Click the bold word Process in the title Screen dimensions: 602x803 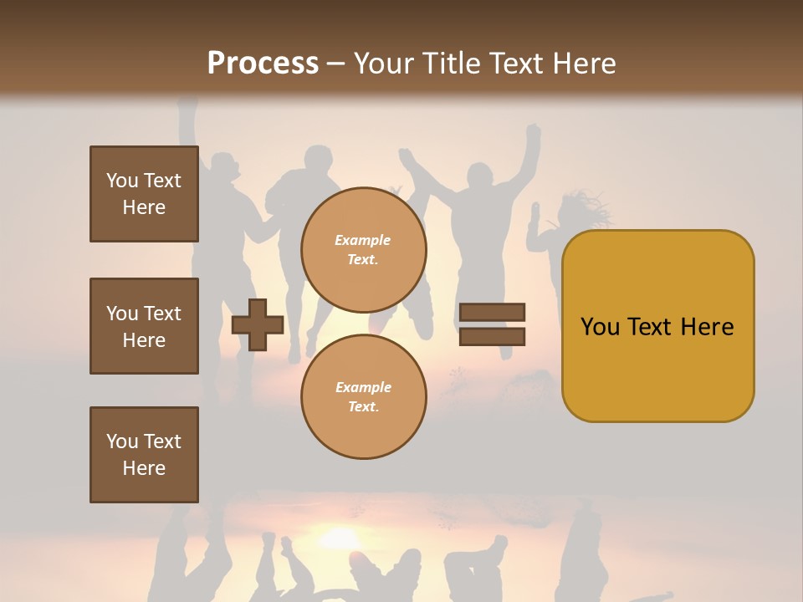pyautogui.click(x=263, y=64)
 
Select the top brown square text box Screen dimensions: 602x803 pyautogui.click(x=144, y=194)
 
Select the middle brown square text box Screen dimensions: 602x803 pyautogui.click(x=144, y=326)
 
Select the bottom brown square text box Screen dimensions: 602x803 pyautogui.click(x=144, y=455)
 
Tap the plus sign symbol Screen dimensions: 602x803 pyautogui.click(x=258, y=325)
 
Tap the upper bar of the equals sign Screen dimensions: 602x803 pyautogui.click(x=493, y=313)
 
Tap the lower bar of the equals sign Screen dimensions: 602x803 pyautogui.click(x=493, y=337)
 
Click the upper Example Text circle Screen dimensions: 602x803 pyautogui.click(x=363, y=250)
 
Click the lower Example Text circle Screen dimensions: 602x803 pyautogui.click(x=363, y=397)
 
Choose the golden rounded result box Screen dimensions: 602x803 pyautogui.click(x=657, y=326)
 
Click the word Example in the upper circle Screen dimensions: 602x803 pyautogui.click(x=363, y=240)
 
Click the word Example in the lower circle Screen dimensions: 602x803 pyautogui.click(x=363, y=387)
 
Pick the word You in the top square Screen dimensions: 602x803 pyautogui.click(x=122, y=181)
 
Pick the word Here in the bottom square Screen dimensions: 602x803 pyautogui.click(x=144, y=468)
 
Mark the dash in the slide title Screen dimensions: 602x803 pyautogui.click(x=336, y=64)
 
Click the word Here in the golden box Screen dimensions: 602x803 pyautogui.click(x=707, y=327)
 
